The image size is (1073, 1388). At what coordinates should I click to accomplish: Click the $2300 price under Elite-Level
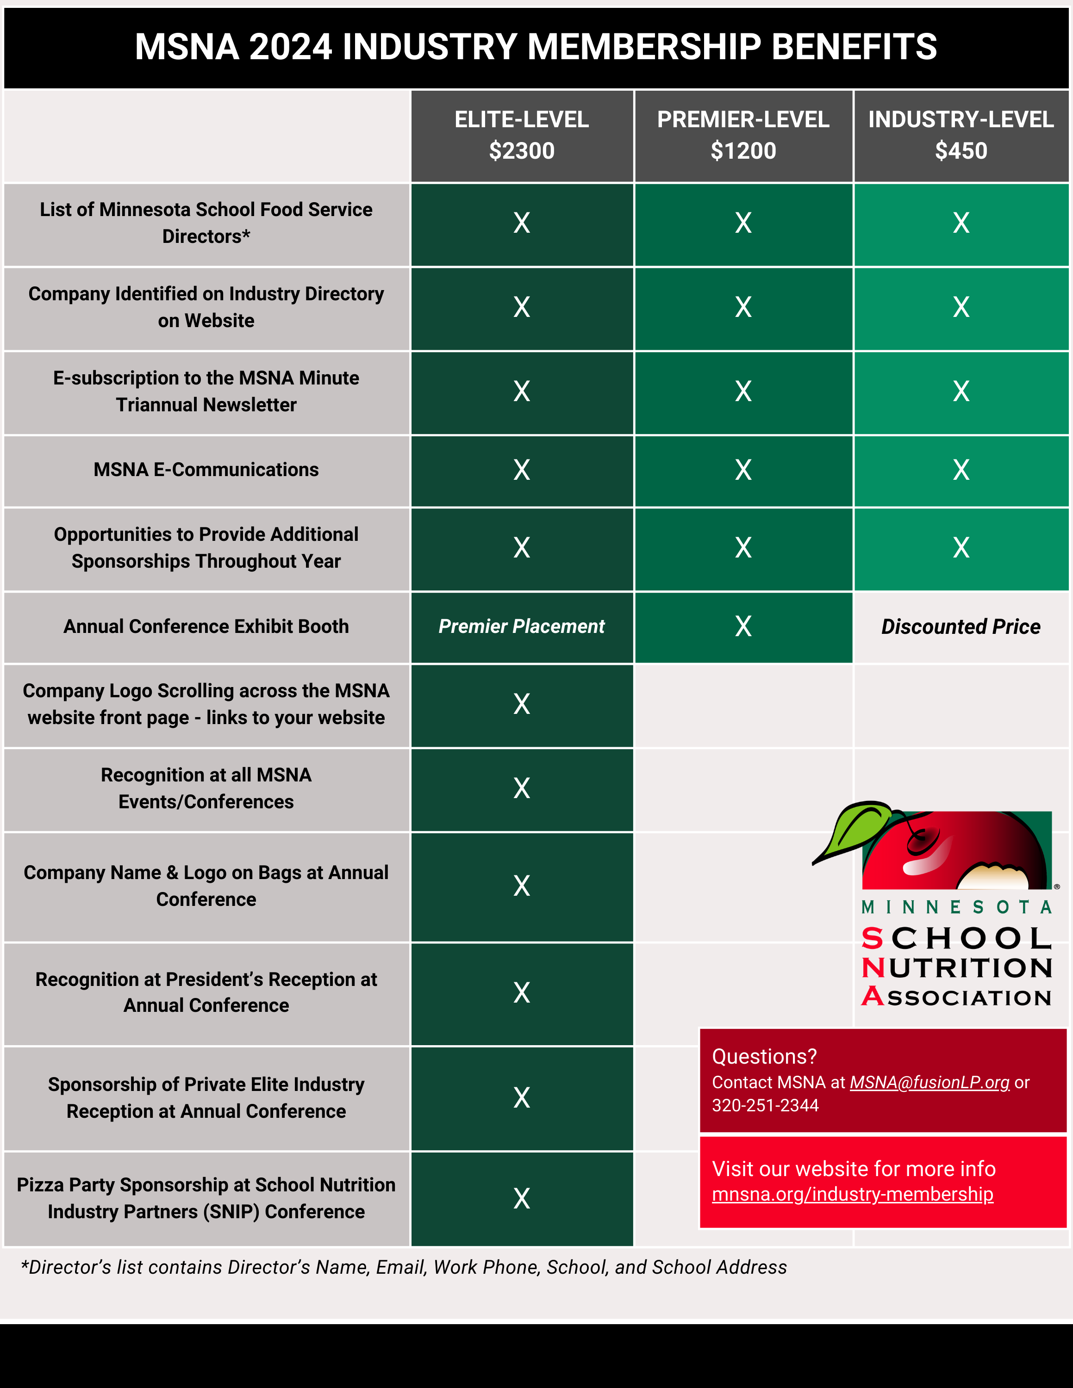click(x=521, y=151)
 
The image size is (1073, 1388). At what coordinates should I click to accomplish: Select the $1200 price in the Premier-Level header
click(x=743, y=151)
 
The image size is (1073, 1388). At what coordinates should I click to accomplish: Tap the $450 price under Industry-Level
click(x=961, y=151)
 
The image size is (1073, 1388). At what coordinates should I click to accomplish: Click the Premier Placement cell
click(x=521, y=626)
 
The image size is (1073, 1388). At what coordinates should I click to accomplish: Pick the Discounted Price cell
click(x=961, y=626)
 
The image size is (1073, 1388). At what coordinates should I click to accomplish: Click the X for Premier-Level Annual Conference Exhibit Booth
click(x=743, y=626)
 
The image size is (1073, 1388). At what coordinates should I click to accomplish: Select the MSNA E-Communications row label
click(x=206, y=470)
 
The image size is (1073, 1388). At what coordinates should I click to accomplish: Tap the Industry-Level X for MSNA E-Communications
click(x=961, y=470)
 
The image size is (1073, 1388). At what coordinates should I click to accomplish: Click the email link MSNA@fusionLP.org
click(x=930, y=1082)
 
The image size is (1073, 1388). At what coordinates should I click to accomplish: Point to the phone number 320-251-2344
click(x=765, y=1106)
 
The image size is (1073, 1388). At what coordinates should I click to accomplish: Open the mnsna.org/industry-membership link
click(x=852, y=1194)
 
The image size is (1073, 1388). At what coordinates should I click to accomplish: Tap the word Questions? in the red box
click(x=764, y=1056)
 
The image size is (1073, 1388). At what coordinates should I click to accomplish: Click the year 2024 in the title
click(x=291, y=47)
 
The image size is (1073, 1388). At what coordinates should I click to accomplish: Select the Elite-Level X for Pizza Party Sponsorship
click(x=521, y=1199)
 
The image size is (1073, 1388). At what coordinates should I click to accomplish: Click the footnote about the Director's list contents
click(x=404, y=1268)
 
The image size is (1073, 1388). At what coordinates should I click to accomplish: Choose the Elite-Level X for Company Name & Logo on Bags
click(x=521, y=886)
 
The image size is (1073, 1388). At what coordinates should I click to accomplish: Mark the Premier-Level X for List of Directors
click(x=743, y=223)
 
